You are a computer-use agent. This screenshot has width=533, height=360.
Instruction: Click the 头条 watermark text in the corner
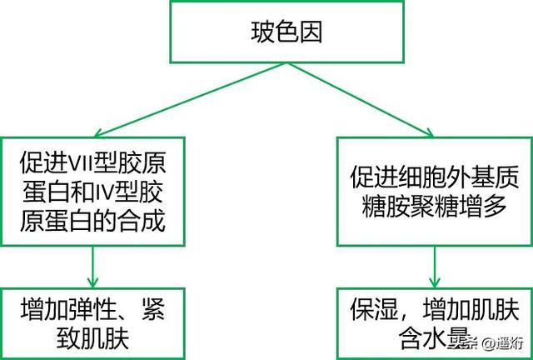point(467,343)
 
